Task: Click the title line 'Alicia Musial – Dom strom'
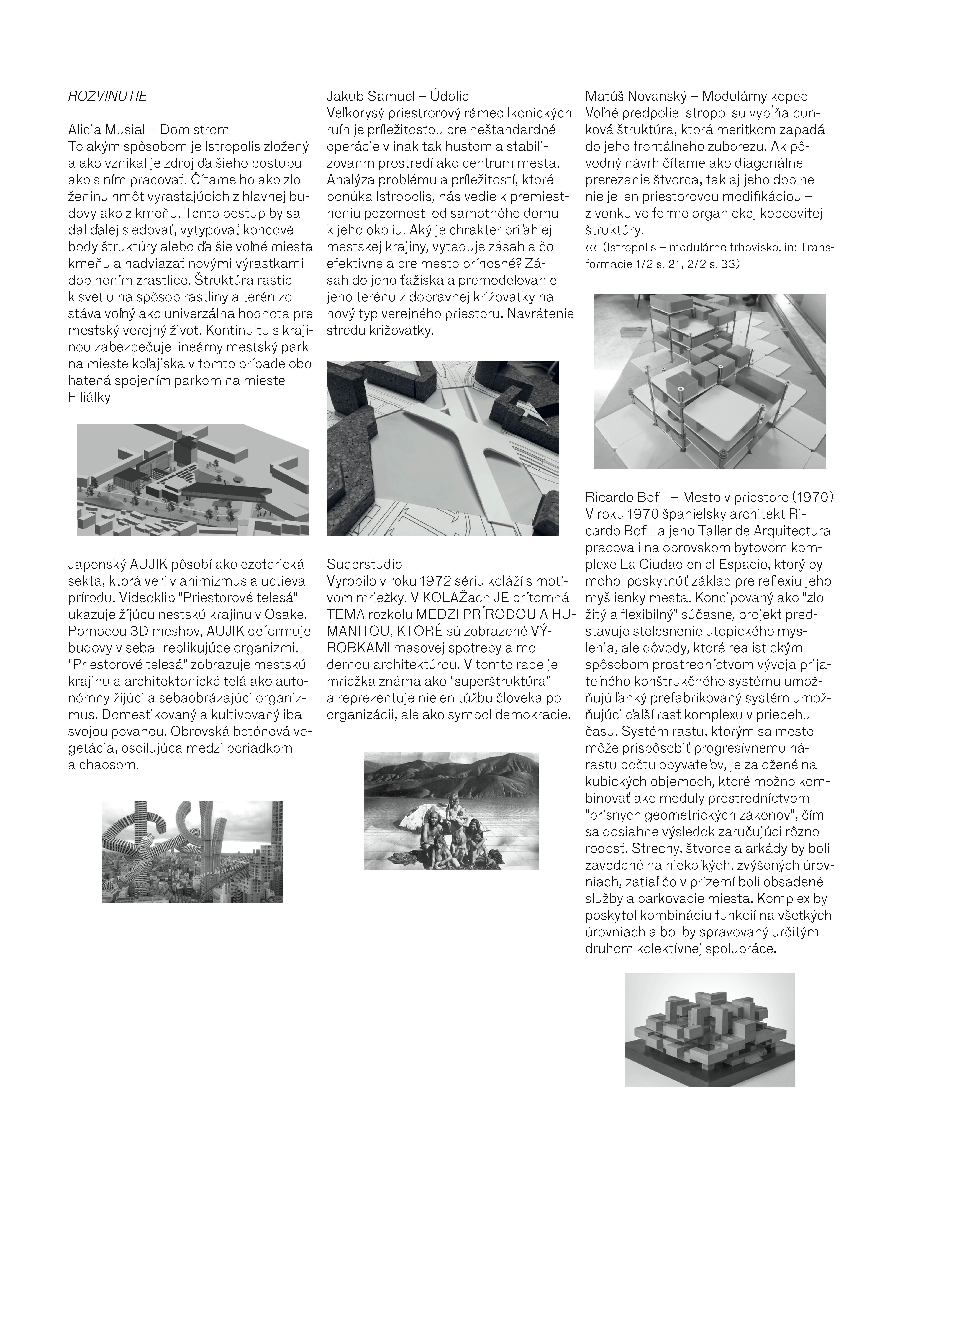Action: coord(149,129)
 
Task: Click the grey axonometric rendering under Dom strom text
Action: coord(193,479)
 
